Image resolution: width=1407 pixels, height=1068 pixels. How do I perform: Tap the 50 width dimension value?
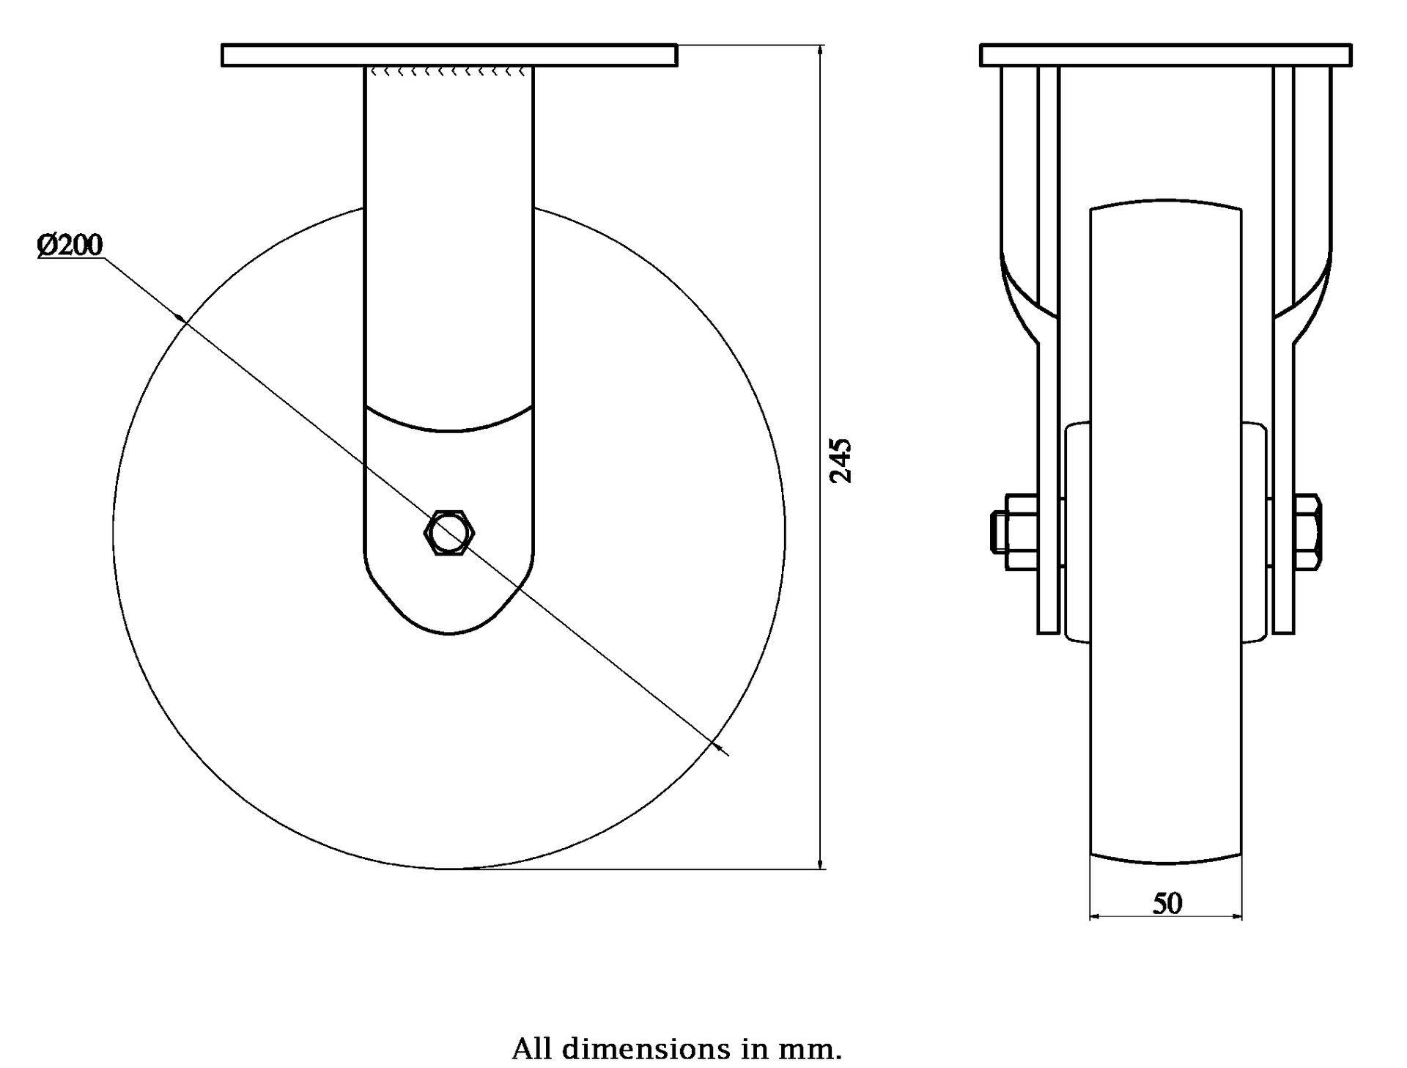(x=1167, y=904)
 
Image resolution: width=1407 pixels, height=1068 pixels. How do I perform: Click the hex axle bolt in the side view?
(x=449, y=532)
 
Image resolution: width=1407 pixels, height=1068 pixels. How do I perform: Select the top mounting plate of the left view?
(x=449, y=56)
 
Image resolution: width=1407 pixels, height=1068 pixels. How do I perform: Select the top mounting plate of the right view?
(x=1165, y=56)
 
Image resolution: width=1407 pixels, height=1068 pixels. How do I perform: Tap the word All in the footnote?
(x=531, y=1049)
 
